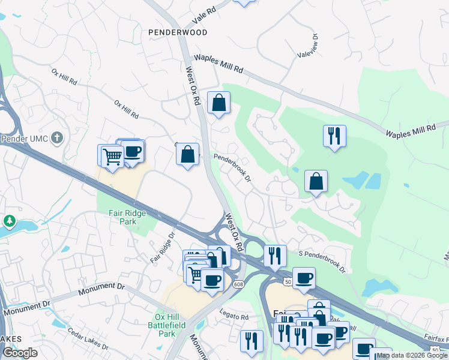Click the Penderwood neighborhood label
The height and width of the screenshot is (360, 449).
point(178,32)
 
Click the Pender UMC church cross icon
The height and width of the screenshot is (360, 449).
point(56,139)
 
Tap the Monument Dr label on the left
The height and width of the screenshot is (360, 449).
point(27,308)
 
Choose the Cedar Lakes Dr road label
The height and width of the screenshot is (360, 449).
point(88,339)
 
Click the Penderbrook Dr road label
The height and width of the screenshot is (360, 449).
point(232,167)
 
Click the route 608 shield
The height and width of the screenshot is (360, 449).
point(239,284)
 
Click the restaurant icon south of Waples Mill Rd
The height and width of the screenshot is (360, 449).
point(334,136)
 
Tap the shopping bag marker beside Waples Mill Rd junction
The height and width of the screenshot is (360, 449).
point(219,102)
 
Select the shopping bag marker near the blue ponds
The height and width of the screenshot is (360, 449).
point(316,181)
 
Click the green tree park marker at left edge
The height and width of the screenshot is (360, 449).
point(10,221)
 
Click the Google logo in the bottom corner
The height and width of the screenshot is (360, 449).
point(20,353)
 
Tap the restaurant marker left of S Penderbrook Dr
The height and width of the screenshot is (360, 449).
point(275,256)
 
